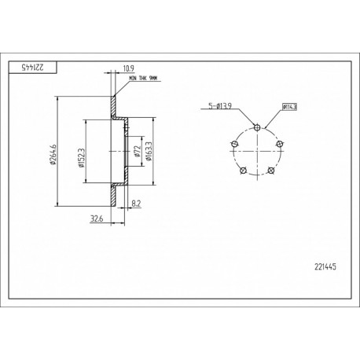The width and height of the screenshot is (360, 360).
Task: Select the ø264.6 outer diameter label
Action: point(53,152)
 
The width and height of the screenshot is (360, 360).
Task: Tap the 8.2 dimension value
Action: point(137,203)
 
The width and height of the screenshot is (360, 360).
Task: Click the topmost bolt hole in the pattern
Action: point(257,127)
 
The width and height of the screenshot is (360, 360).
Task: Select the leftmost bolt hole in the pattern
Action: point(233,143)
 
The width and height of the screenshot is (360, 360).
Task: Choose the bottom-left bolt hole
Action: point(243,171)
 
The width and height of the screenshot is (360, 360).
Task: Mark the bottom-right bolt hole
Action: point(271,171)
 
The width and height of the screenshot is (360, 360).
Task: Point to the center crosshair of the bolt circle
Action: point(257,151)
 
